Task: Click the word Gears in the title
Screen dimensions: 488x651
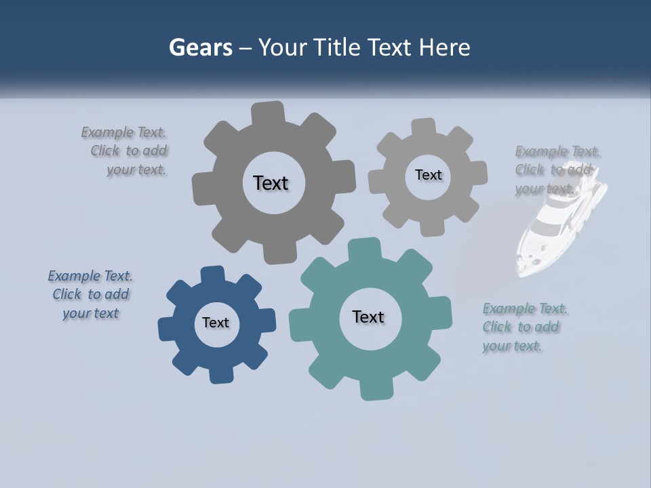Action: [x=201, y=47]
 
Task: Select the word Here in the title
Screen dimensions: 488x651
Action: [x=444, y=47]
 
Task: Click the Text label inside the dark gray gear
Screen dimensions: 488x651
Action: [x=271, y=183]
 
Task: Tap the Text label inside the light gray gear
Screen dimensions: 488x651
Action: [x=428, y=175]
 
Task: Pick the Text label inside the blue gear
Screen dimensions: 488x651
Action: [x=216, y=323]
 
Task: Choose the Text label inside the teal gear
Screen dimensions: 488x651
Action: [x=368, y=317]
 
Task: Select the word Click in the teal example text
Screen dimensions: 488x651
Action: [x=497, y=327]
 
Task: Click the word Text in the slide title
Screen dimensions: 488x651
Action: [x=391, y=47]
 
